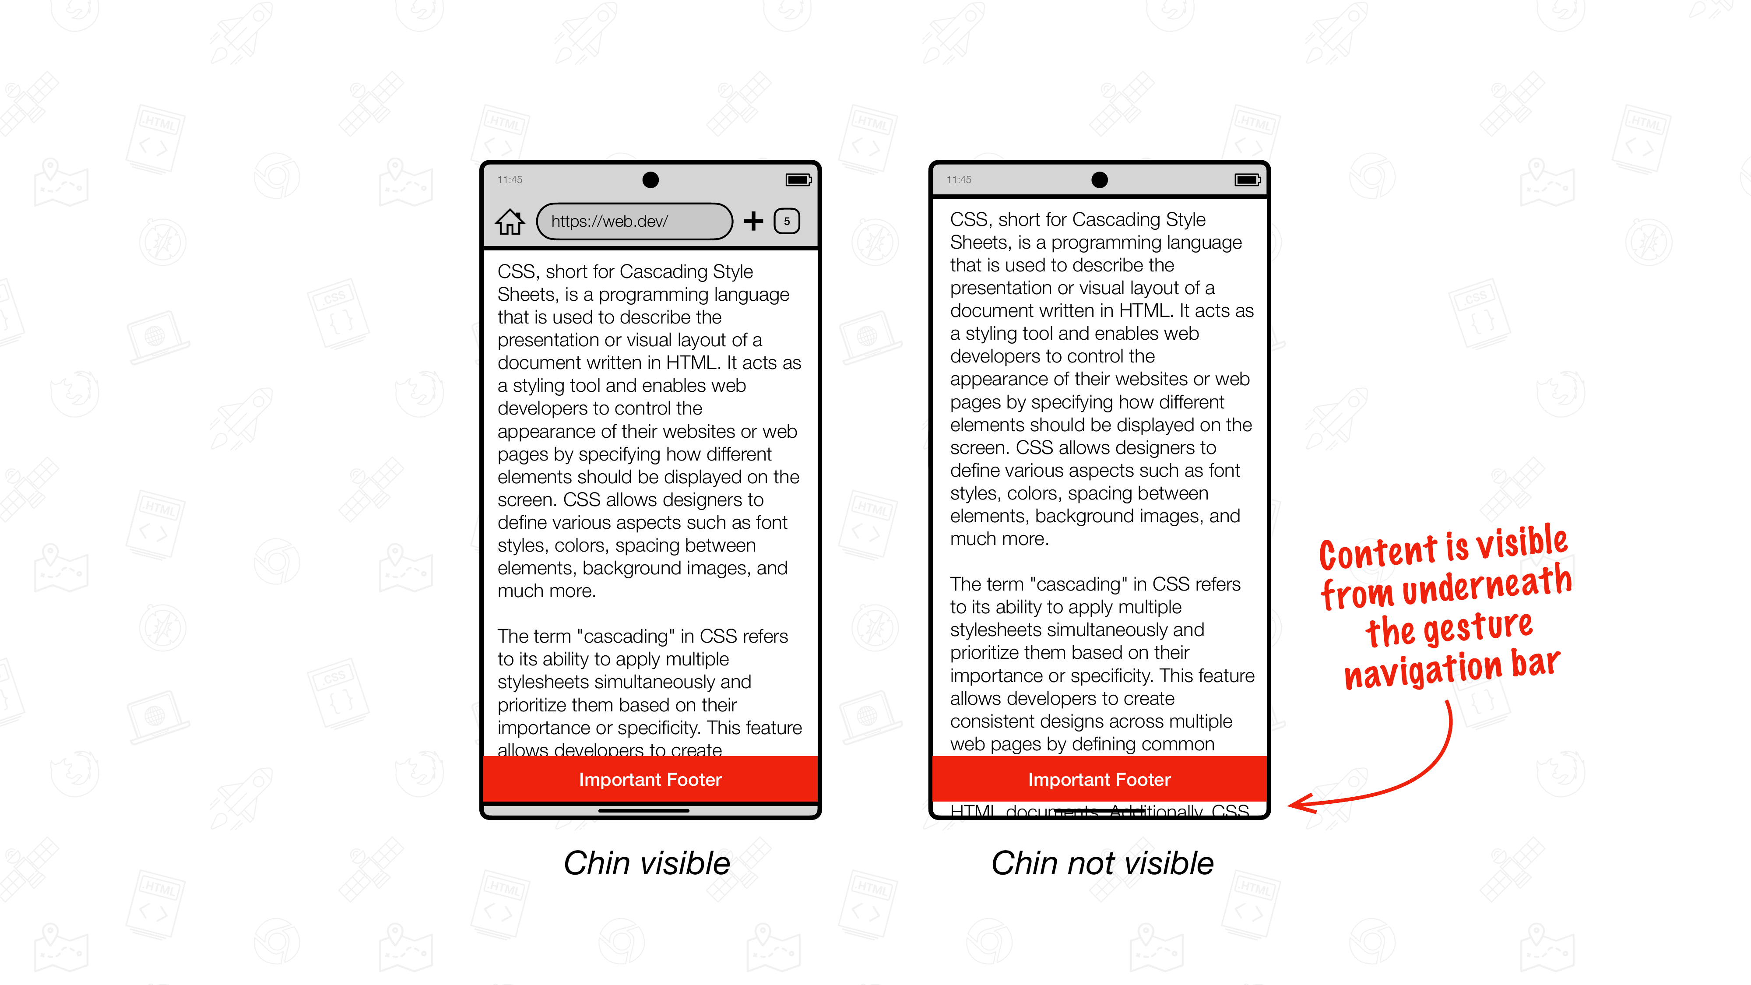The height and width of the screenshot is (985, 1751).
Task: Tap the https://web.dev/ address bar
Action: click(633, 222)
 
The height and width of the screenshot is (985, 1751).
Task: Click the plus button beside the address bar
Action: click(753, 221)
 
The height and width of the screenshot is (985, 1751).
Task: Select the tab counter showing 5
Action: click(787, 221)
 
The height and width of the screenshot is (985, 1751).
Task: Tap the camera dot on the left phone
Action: click(650, 179)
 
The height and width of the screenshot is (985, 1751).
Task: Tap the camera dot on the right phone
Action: click(1099, 179)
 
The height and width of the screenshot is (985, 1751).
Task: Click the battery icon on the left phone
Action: click(798, 179)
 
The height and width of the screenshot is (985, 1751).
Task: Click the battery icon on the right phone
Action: click(1247, 179)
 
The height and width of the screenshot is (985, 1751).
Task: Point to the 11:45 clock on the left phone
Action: click(510, 179)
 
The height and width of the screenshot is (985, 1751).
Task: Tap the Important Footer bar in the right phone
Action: click(1099, 779)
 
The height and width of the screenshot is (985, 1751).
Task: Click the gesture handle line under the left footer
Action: click(643, 810)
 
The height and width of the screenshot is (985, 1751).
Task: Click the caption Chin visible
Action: click(647, 863)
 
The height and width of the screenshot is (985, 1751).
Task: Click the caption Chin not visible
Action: click(1102, 863)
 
